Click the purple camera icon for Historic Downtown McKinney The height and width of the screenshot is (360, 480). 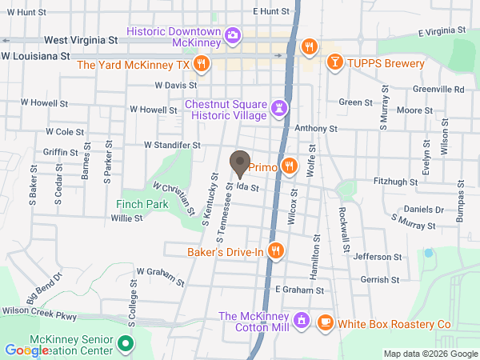tap(232, 34)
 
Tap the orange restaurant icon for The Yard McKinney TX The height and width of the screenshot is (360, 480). tap(202, 63)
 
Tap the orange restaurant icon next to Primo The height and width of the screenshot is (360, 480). tap(290, 166)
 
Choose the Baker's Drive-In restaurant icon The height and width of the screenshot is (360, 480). tap(276, 251)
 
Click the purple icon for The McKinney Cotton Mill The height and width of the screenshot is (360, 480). tap(301, 321)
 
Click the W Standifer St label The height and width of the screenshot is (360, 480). tap(171, 145)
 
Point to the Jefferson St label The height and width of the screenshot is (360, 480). tap(376, 257)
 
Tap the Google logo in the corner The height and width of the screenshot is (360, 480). tap(26, 350)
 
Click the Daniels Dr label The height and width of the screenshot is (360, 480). tap(423, 209)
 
